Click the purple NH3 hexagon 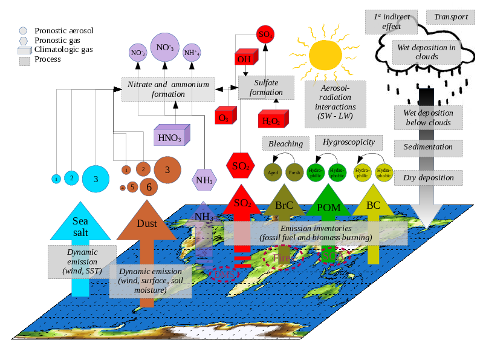click(x=203, y=179)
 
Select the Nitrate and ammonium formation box click(x=168, y=89)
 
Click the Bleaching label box click(x=285, y=143)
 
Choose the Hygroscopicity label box click(x=349, y=142)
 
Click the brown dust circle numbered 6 click(x=149, y=187)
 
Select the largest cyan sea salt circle click(x=95, y=178)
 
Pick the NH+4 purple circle click(x=192, y=53)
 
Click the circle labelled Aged click(x=273, y=172)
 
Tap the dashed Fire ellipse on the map click(x=282, y=258)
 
